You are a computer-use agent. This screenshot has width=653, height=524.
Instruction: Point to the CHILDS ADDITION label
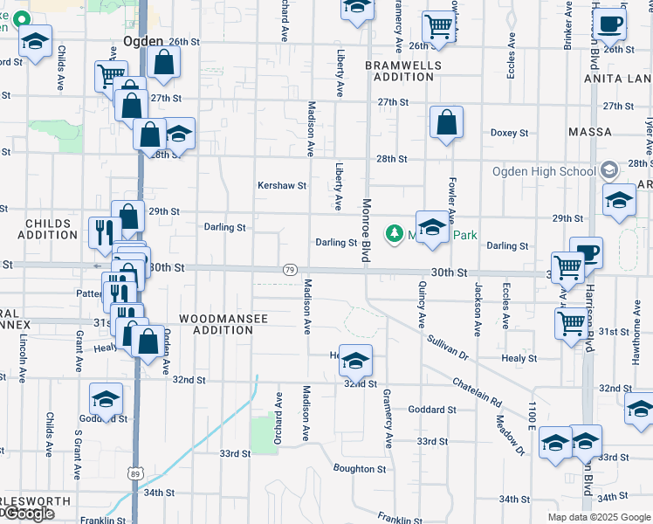click(x=52, y=229)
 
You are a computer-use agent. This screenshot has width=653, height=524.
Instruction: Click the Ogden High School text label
click(x=543, y=171)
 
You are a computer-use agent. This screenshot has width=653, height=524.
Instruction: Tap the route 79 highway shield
click(x=289, y=271)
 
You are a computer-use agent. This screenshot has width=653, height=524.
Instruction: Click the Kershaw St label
click(x=281, y=185)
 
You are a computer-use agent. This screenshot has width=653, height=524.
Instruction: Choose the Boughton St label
click(x=360, y=469)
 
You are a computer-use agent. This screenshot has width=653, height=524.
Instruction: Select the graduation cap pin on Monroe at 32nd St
click(x=355, y=360)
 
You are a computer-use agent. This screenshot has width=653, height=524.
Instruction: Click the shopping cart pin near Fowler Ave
click(x=437, y=27)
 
